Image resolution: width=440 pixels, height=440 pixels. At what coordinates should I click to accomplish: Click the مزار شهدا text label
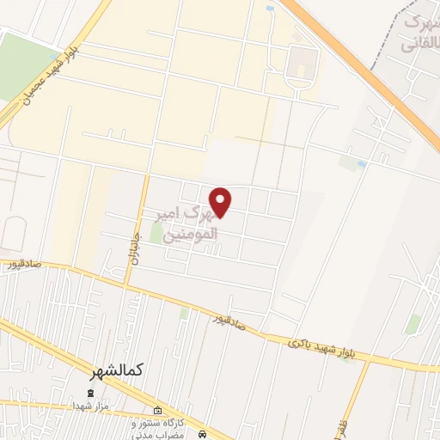(89, 405)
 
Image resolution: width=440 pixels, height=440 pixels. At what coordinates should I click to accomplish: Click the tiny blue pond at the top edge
(270, 9)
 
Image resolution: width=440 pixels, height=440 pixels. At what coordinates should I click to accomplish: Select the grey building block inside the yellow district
(301, 61)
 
